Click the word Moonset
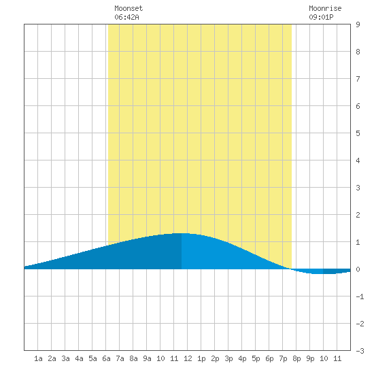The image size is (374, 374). point(129,8)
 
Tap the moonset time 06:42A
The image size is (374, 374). point(126,17)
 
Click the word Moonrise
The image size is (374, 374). point(325,8)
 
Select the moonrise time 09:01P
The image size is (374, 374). point(321,17)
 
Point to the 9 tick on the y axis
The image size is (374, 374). point(358,24)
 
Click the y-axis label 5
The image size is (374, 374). point(358,133)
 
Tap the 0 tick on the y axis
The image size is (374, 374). point(358,269)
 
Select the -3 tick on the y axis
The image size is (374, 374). point(360,351)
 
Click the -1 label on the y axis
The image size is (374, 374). point(360,296)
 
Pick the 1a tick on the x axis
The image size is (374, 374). point(38,358)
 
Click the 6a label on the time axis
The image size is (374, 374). point(106,358)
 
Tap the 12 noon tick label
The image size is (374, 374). point(188,358)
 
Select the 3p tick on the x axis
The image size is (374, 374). point(228,358)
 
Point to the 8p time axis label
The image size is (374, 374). point(296,358)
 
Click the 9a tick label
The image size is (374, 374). point(147,358)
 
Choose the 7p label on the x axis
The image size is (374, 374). point(283,358)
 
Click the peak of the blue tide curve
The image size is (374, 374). point(182,233)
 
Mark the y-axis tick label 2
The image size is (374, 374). point(358,215)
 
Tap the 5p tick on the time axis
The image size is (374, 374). point(256,358)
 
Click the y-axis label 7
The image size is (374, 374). point(358,79)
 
